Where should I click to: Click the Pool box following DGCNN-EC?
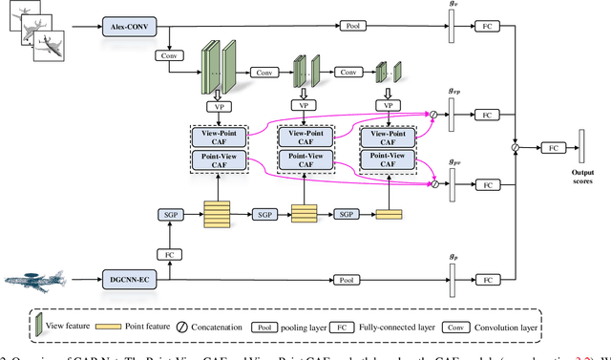tap(344, 280)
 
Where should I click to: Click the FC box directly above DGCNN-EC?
tap(168, 256)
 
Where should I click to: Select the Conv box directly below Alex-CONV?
tap(168, 56)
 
